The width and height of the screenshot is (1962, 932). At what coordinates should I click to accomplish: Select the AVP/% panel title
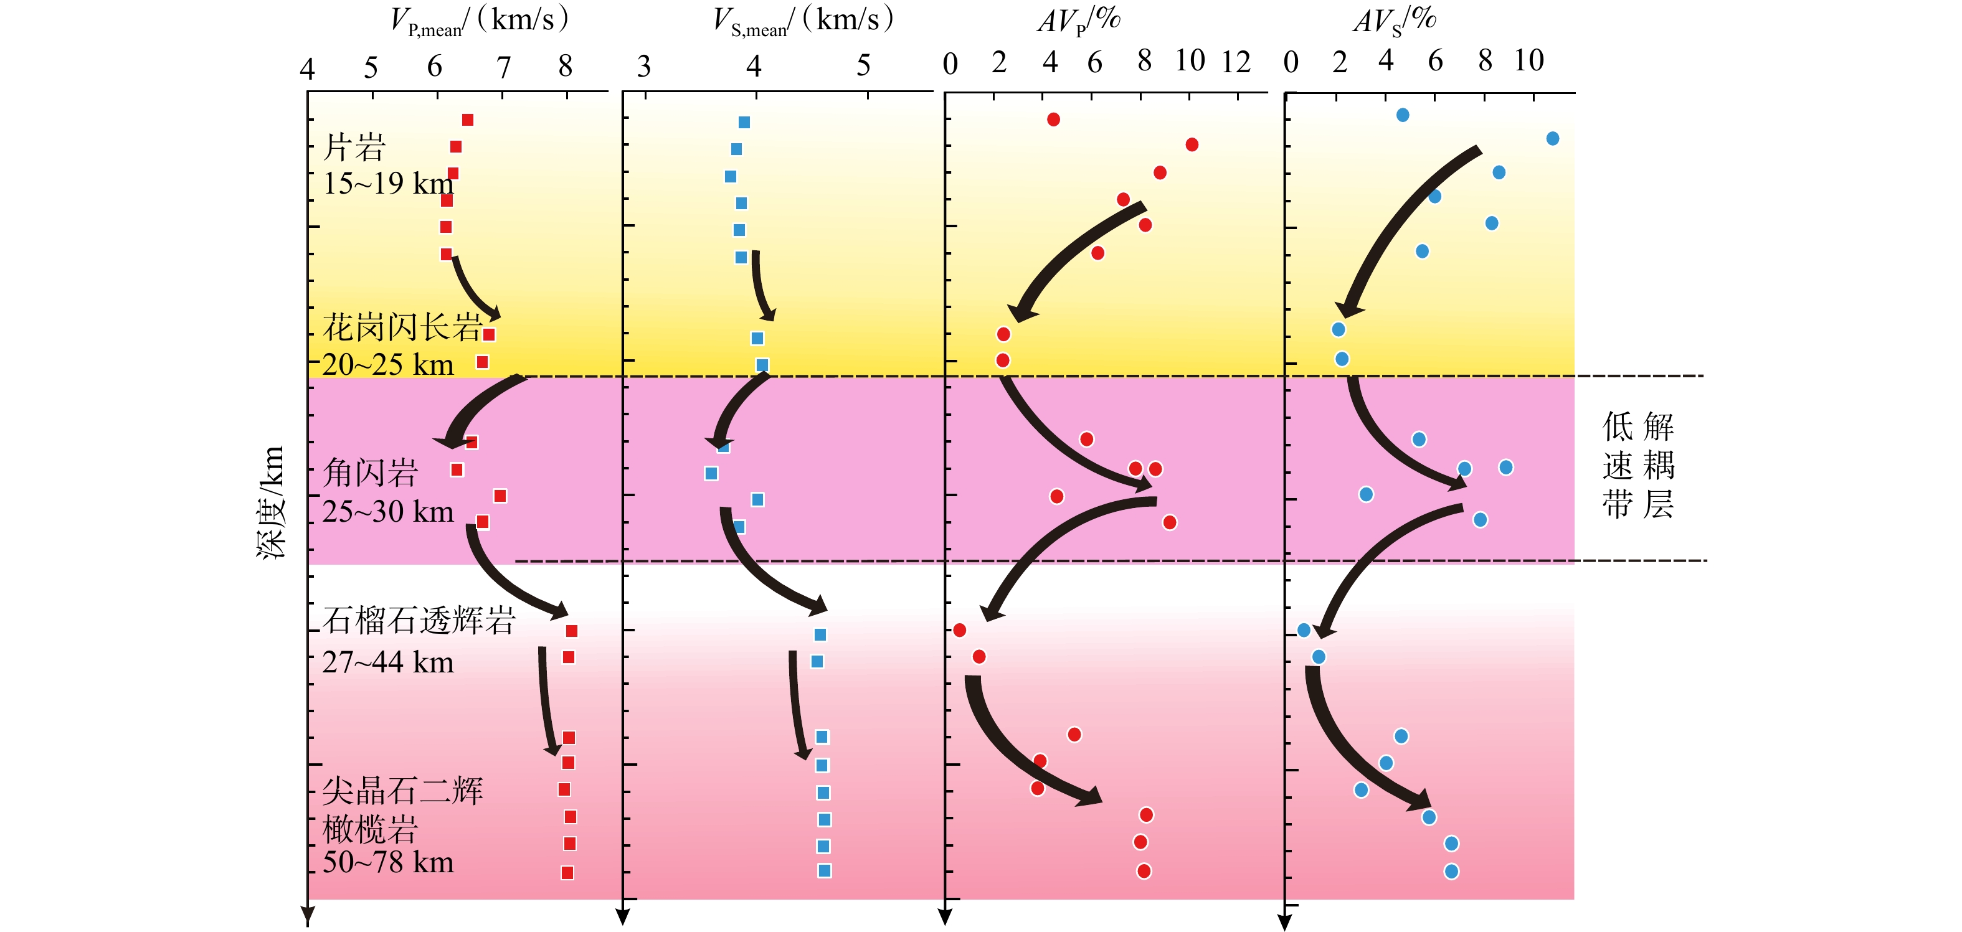coord(1079,21)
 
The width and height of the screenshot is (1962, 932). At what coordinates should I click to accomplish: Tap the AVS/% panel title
coord(1394,21)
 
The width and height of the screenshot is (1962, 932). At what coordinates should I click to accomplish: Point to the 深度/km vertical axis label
coord(270,502)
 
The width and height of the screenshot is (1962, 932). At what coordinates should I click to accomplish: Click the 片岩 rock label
coord(354,148)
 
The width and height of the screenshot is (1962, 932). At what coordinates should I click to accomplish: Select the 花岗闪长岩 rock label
coord(402,328)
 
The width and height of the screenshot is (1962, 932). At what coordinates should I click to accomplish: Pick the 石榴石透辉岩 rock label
coord(419,621)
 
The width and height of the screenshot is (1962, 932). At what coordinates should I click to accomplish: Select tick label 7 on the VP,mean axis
coord(503,68)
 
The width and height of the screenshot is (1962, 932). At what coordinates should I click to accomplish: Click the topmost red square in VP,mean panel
coord(468,120)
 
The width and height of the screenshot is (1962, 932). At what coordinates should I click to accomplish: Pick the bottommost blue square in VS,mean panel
coord(824,870)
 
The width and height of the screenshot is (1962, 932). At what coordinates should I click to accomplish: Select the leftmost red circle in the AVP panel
coord(960,629)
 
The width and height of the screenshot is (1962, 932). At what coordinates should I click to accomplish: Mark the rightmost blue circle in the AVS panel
coord(1552,138)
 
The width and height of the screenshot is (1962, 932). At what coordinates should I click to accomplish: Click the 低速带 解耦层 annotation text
coord(1637,465)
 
